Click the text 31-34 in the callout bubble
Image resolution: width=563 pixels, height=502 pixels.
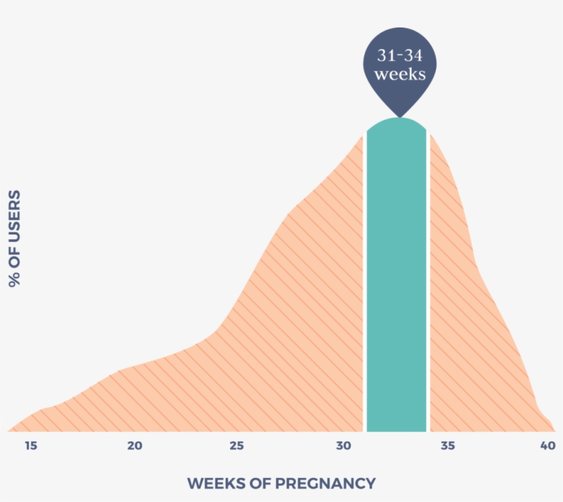[399, 56]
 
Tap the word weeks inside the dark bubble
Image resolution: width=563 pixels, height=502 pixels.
[399, 74]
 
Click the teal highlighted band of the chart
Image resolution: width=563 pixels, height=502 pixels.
[396, 288]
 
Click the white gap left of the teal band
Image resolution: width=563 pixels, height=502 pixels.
[364, 288]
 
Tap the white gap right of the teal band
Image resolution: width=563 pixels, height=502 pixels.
[428, 288]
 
